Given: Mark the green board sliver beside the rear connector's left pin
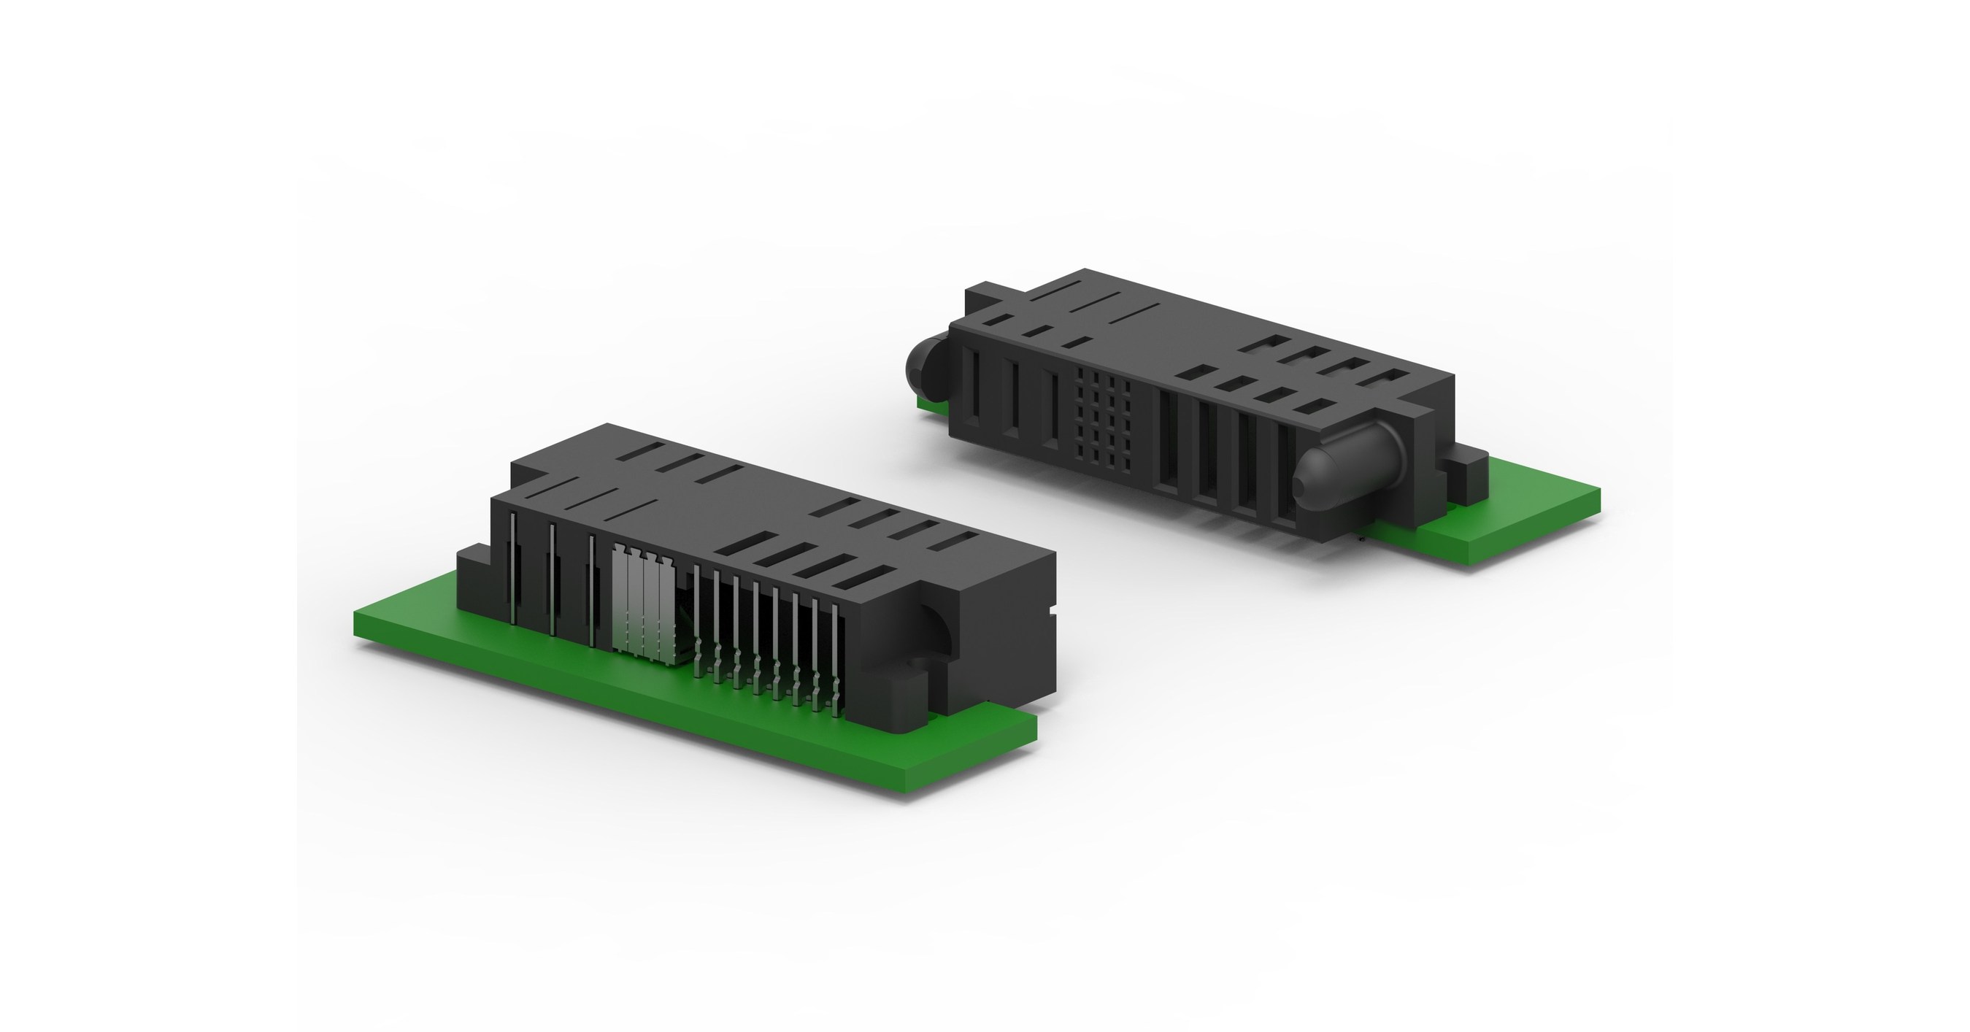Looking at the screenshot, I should [929, 404].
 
